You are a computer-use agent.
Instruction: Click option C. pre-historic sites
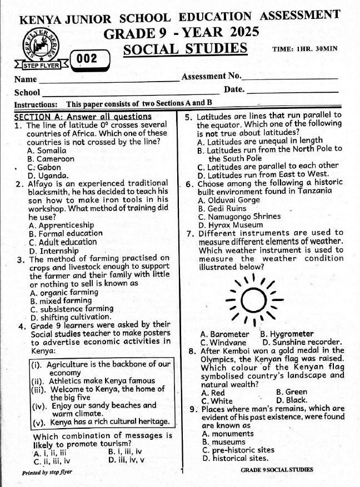point(239,450)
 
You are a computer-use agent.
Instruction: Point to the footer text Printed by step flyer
point(47,473)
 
